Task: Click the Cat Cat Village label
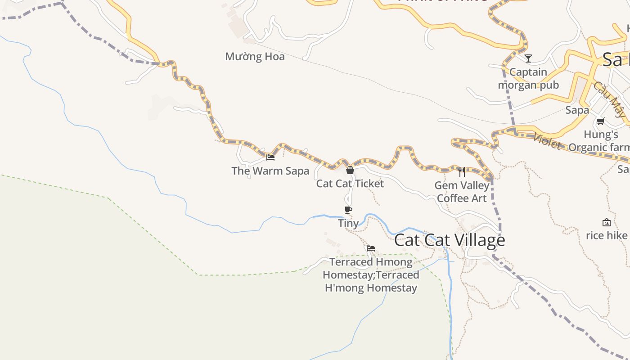click(449, 240)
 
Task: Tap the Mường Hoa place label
click(255, 57)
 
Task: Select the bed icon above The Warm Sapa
click(270, 157)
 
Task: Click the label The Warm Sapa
click(270, 171)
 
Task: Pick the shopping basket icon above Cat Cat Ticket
click(350, 170)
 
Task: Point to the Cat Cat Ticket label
click(350, 184)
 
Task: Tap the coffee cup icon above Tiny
click(348, 210)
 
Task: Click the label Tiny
click(348, 223)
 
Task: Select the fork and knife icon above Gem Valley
click(462, 171)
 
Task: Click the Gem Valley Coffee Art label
click(462, 192)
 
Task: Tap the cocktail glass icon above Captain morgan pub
click(528, 58)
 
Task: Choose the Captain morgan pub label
click(528, 78)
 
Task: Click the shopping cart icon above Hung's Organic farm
click(600, 121)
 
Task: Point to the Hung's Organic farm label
click(600, 141)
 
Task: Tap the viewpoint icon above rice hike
click(607, 222)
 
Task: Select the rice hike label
click(607, 235)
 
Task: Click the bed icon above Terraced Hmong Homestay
click(371, 248)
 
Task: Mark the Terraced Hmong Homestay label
click(371, 274)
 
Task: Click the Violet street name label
click(547, 142)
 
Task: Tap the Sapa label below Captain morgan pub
click(577, 110)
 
